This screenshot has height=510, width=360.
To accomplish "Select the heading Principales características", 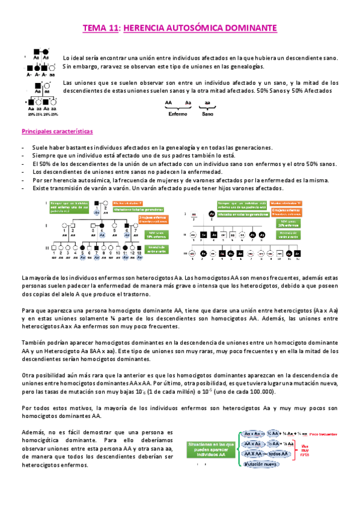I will tap(56, 131).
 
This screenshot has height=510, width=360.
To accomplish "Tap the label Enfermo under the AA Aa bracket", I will tap(177, 112).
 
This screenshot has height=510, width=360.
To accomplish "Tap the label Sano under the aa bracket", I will tap(207, 112).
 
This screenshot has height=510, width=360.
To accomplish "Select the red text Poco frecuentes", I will tap(330, 434).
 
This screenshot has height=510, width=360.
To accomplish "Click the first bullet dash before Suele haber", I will tap(23, 148).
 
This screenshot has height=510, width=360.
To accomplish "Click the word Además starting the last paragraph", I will tap(32, 432).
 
